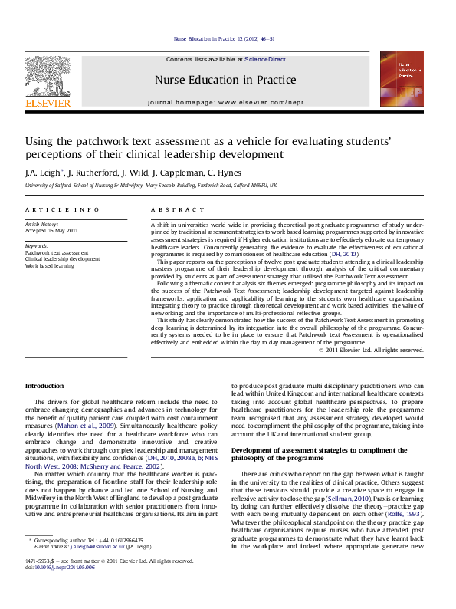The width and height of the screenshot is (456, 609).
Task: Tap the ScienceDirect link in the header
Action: click(x=264, y=59)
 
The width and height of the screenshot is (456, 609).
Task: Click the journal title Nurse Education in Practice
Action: click(x=225, y=79)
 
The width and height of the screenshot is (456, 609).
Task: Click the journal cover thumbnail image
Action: click(x=402, y=79)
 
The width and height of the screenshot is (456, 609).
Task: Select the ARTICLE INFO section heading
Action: click(x=61, y=209)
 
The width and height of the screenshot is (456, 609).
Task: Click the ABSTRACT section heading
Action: click(x=178, y=209)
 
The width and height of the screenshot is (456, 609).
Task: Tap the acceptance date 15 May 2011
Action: click(x=63, y=230)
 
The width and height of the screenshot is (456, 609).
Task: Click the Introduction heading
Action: click(x=44, y=386)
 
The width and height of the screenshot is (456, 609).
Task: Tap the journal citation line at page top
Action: click(x=225, y=38)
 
